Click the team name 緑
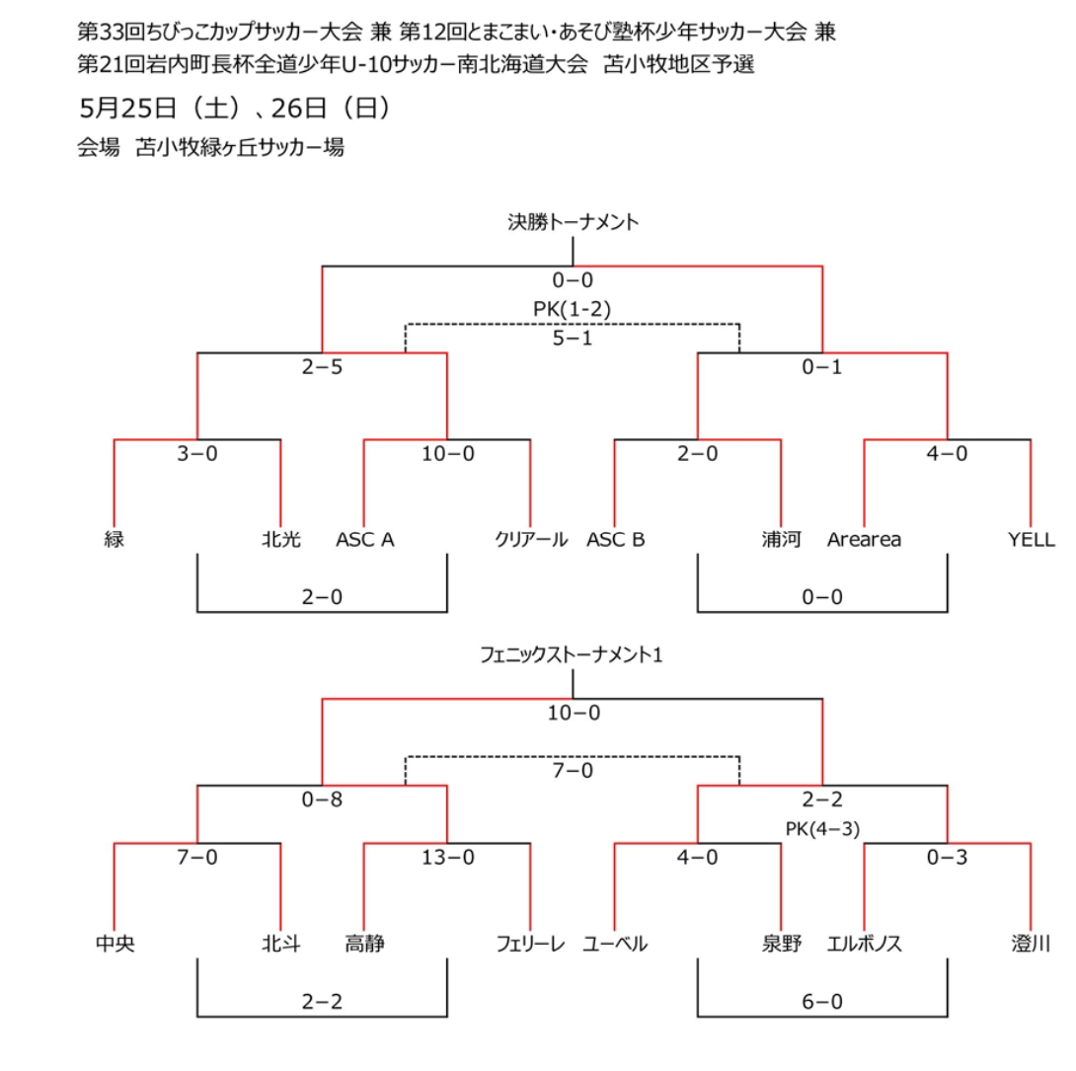coord(114,539)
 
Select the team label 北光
coord(281,539)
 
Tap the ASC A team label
coord(364,540)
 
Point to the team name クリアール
coord(531,539)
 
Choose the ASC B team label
coord(616,540)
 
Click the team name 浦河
coord(782,539)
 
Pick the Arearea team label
coord(864,540)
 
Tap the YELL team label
coord(1032,540)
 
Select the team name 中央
coord(115,944)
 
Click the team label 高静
coord(364,944)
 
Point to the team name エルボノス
coord(864,944)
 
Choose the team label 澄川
coord(1031,944)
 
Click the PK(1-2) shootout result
coord(573,309)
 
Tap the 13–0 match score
coord(447,857)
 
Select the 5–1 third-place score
coord(573,339)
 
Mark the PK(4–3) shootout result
coord(822,829)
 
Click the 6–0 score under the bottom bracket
coord(822,1002)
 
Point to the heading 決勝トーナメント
coord(573,222)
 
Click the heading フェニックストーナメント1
coord(571,655)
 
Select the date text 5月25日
coord(128,108)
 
